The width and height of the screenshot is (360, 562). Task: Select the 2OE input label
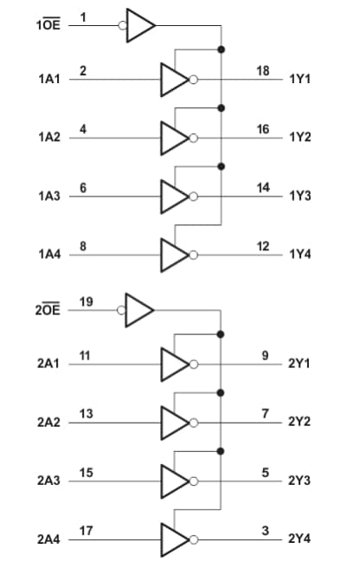click(x=48, y=309)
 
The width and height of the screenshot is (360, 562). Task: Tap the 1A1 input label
click(x=48, y=80)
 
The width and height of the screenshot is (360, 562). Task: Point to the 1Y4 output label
click(x=300, y=255)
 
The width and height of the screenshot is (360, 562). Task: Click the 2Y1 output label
click(x=300, y=364)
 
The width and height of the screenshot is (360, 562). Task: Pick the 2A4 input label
click(x=48, y=539)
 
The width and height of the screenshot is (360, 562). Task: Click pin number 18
click(x=263, y=69)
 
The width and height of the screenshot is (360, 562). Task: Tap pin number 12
click(x=263, y=246)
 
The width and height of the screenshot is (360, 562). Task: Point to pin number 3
click(x=266, y=529)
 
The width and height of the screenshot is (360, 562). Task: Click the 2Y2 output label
click(x=300, y=422)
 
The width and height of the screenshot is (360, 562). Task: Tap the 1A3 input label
click(x=48, y=197)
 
